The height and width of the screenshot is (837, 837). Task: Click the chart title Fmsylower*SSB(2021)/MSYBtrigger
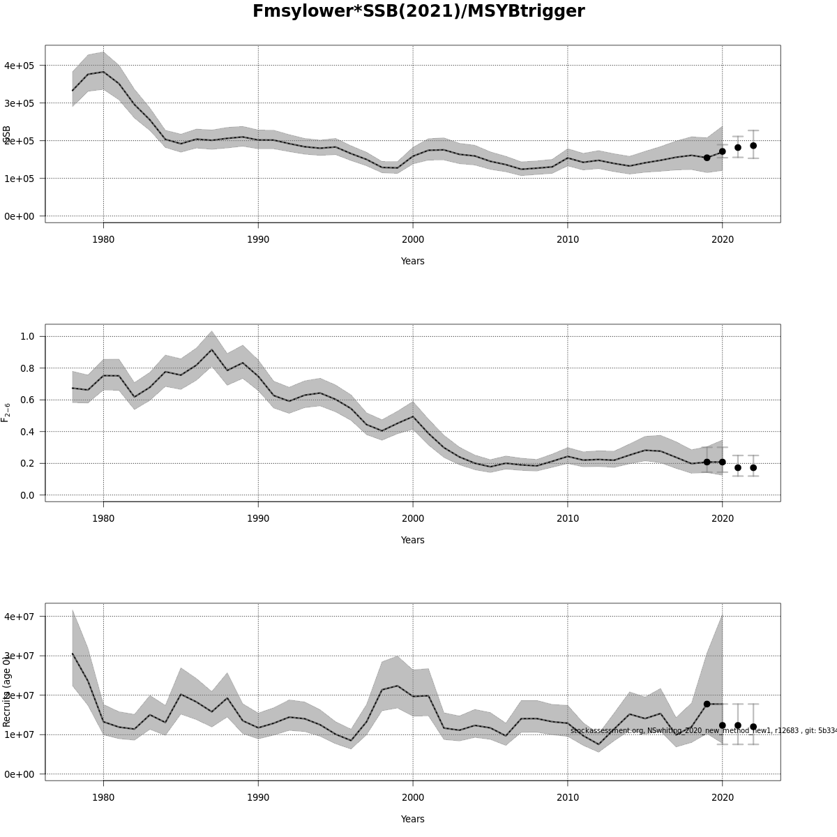coord(418,12)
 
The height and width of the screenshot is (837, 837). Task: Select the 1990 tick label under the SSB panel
coord(258,239)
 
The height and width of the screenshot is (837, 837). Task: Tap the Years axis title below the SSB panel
coord(412,261)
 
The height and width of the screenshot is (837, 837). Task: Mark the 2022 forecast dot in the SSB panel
coord(753,146)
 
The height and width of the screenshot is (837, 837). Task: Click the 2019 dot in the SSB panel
coord(707,158)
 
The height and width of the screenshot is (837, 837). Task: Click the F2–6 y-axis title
coord(6,412)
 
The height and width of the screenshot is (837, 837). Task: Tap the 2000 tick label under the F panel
coord(413,518)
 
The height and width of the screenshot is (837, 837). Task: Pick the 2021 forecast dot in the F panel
coord(738,467)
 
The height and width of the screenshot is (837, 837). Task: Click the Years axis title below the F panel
coord(412,540)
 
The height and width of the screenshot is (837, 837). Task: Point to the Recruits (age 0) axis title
coord(6,691)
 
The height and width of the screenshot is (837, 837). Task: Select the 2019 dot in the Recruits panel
coord(707,704)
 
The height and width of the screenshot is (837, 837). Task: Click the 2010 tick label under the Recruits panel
coord(568,797)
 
